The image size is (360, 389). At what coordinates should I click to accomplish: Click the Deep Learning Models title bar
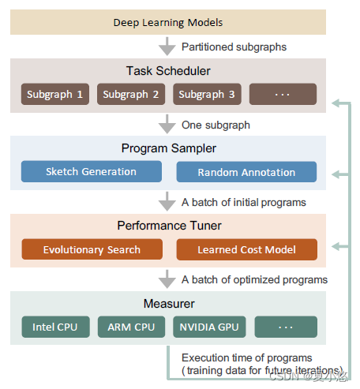pyautogui.click(x=167, y=22)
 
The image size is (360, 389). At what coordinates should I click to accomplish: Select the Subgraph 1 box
pyautogui.click(x=54, y=95)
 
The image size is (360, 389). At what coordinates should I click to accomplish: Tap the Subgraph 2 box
pyautogui.click(x=130, y=95)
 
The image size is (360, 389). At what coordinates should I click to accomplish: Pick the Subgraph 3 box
pyautogui.click(x=206, y=95)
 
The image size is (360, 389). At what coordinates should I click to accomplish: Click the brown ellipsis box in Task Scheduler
pyautogui.click(x=283, y=95)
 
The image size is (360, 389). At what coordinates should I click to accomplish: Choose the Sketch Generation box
pyautogui.click(x=91, y=172)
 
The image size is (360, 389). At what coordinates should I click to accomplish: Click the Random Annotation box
pyautogui.click(x=246, y=172)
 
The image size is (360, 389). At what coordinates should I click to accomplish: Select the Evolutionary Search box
pyautogui.click(x=91, y=249)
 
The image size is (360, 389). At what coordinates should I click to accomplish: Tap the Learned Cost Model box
pyautogui.click(x=246, y=249)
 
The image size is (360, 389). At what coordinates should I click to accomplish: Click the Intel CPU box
pyautogui.click(x=54, y=327)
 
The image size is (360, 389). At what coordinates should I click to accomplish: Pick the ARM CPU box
pyautogui.click(x=130, y=327)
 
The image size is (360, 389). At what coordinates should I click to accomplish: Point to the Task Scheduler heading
pyautogui.click(x=167, y=71)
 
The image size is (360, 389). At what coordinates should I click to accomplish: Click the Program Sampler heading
pyautogui.click(x=167, y=148)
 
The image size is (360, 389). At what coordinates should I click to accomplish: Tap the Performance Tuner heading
pyautogui.click(x=167, y=226)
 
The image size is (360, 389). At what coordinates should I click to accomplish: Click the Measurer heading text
pyautogui.click(x=167, y=303)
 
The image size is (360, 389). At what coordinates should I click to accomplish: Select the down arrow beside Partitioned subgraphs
pyautogui.click(x=167, y=47)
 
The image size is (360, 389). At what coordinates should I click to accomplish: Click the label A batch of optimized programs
pyautogui.click(x=254, y=279)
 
